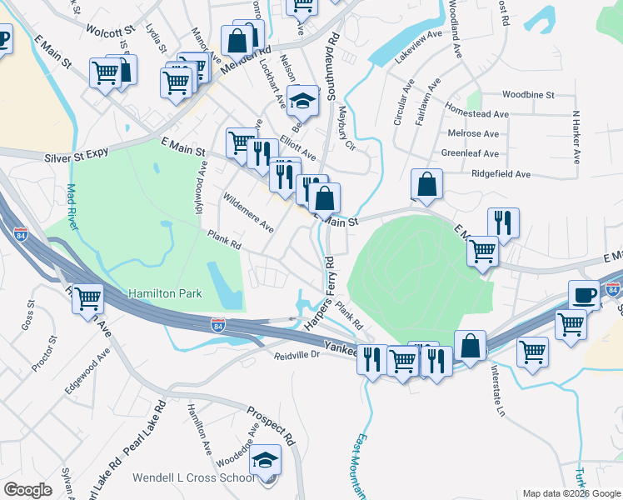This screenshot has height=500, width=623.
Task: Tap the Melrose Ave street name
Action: coord(473,133)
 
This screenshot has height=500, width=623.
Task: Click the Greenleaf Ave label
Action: coord(471,153)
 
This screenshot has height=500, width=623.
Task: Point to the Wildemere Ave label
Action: coord(247,212)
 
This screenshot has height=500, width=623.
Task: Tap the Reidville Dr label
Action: coord(297,355)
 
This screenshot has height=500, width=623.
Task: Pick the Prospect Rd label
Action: coord(272,426)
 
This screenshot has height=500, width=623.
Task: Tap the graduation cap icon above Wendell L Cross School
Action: coord(266,461)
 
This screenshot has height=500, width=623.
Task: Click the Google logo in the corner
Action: coord(27,490)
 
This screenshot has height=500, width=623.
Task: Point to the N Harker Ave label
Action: coord(575,133)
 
